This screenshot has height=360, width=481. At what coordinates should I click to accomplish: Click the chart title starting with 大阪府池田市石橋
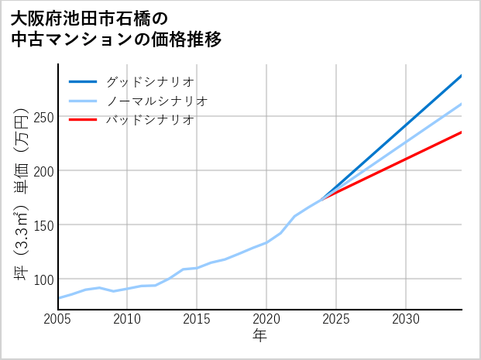(x=116, y=28)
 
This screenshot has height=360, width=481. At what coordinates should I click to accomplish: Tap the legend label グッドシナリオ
(x=149, y=81)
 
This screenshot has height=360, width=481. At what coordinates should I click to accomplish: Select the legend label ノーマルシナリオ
(x=156, y=101)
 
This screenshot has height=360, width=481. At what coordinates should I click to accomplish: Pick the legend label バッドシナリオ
(x=149, y=120)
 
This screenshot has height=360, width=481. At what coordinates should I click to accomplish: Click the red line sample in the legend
(x=83, y=120)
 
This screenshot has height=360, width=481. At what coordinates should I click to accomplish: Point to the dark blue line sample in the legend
(x=83, y=81)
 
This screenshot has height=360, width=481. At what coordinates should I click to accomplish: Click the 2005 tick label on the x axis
(x=57, y=319)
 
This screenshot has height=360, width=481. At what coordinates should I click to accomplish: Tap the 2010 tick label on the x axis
(x=127, y=319)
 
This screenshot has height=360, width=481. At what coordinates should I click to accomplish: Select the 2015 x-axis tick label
(x=197, y=319)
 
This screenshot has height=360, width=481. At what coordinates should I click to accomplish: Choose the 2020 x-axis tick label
(x=266, y=319)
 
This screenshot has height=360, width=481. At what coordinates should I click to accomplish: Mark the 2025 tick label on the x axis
(x=336, y=319)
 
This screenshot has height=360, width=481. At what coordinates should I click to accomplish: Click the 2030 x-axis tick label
(x=406, y=319)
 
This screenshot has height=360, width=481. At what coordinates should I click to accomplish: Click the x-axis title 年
(x=259, y=336)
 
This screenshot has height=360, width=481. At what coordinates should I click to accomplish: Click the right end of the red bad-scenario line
(x=461, y=132)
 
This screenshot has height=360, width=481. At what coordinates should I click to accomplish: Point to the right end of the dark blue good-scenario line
(x=461, y=76)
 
